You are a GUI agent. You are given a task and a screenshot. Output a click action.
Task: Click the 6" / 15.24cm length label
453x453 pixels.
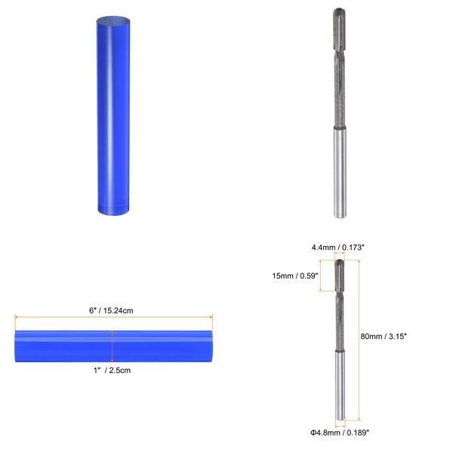[112, 310]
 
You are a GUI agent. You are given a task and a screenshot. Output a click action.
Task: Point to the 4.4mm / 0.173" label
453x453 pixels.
[340, 247]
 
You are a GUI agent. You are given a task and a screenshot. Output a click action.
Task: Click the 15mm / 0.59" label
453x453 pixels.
[294, 276]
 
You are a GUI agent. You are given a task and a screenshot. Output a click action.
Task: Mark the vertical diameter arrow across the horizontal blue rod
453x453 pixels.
[112, 344]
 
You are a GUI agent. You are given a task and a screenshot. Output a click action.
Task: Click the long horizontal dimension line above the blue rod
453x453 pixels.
[112, 318]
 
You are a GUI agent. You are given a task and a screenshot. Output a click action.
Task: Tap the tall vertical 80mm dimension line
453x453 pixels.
[358, 340]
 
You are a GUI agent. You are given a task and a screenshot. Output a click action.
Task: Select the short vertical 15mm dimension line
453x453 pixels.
[323, 275]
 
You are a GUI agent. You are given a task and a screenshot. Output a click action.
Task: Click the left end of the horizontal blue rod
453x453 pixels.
[17, 344]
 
